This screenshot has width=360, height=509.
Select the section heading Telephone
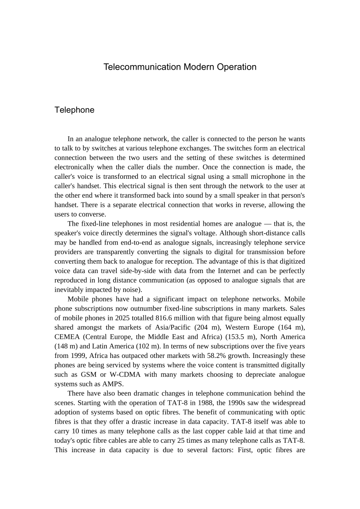74,110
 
